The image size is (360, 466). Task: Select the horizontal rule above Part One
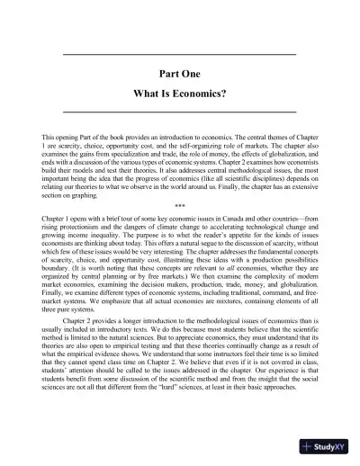[180, 56]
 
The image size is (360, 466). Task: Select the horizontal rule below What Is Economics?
[180, 109]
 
